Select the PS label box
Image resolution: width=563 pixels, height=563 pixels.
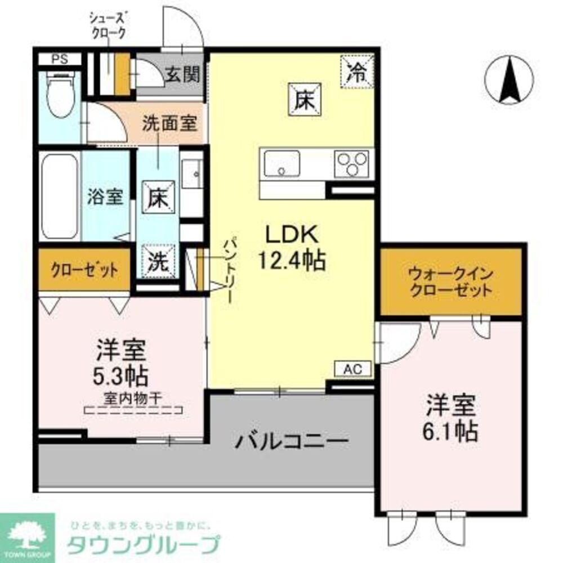click(59, 59)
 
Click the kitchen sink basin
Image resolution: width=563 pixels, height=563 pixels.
click(281, 163)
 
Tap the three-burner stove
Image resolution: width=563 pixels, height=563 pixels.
click(352, 163)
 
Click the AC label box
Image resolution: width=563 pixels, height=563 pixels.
click(354, 369)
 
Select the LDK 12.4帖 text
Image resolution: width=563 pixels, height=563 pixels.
click(291, 247)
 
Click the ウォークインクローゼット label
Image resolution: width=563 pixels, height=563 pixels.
click(452, 283)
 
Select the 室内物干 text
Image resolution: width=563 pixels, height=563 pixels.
click(133, 397)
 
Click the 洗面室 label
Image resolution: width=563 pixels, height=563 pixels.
click(169, 124)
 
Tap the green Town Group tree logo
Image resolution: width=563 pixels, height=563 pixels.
click(28, 539)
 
